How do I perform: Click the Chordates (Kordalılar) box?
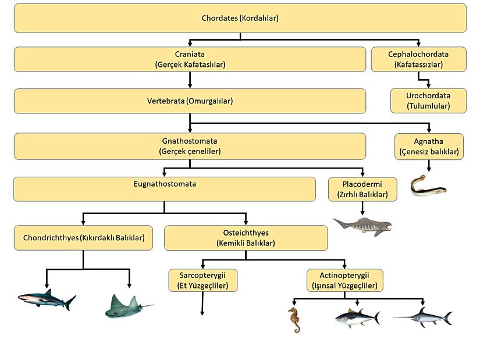[x=240, y=18]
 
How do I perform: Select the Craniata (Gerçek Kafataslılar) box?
[x=190, y=59]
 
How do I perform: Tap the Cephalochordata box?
[x=418, y=59]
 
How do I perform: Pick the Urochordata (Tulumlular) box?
[x=428, y=101]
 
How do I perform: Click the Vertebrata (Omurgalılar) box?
[x=190, y=101]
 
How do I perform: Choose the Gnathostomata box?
[x=190, y=146]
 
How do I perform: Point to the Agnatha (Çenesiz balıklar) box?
[x=429, y=147]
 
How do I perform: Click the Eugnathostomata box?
[x=164, y=189]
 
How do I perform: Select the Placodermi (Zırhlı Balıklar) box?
[x=362, y=189]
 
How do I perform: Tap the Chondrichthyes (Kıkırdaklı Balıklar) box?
[x=84, y=238]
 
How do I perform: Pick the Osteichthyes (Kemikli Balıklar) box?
[x=246, y=238]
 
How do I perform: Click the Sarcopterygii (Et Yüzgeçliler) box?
[x=202, y=280]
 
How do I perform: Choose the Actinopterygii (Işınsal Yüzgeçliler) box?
[x=345, y=280]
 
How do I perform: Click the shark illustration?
[x=47, y=300]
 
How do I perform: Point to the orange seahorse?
[x=295, y=319]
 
